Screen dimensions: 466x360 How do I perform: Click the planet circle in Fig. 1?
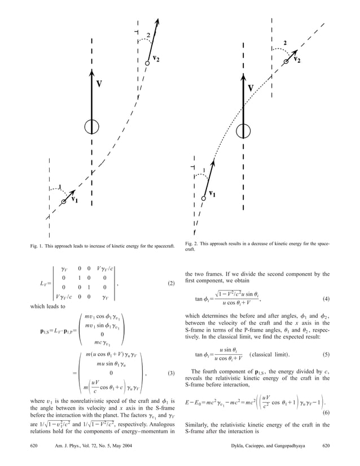pos(92,127)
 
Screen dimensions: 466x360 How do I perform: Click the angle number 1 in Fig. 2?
pos(203,169)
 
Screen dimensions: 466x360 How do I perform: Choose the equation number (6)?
pos(326,398)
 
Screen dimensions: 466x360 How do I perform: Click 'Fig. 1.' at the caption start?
pos(37,247)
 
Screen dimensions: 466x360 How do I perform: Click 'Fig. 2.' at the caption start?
pos(192,243)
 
